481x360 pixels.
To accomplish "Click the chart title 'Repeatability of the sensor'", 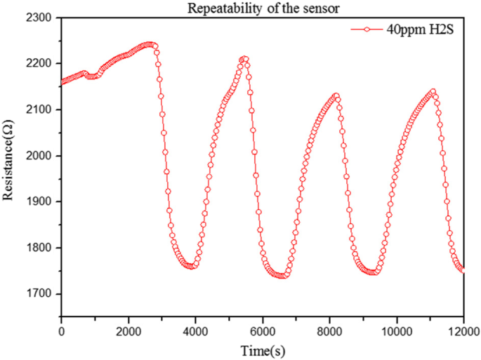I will [263, 8].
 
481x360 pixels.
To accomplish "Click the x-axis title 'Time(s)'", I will [262, 349].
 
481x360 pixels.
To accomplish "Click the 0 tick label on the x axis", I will [61, 330].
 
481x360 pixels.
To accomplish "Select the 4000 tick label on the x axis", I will [195, 330].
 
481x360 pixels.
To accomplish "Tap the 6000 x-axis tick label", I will [263, 330].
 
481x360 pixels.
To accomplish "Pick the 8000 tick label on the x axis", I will [329, 330].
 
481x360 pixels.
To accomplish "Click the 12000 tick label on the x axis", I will [462, 330].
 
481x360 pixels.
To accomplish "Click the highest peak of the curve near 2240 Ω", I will [149, 44].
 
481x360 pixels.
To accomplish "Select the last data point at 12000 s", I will [463, 269].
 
